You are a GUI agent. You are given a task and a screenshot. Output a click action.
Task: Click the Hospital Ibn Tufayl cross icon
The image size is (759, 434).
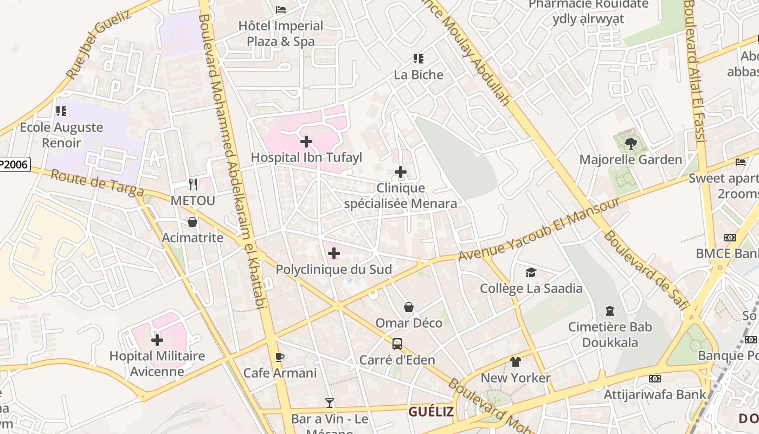306,142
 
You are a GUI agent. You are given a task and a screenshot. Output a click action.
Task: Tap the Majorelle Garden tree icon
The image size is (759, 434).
631,143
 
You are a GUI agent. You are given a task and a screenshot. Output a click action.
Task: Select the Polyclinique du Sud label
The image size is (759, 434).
333,270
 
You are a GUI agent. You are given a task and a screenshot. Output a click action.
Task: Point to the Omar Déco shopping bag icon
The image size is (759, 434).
409,308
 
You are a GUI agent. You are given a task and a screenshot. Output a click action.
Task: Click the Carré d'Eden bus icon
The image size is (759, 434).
397,344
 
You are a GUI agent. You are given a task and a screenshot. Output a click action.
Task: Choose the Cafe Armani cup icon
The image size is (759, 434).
280,357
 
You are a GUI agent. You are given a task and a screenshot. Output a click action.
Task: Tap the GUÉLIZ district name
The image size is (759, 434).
431,412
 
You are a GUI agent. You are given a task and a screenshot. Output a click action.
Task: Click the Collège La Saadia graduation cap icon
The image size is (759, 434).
531,272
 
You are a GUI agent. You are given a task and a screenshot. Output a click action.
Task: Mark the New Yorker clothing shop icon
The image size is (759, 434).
515,362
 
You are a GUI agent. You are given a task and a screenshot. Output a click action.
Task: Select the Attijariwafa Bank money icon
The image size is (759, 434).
655,379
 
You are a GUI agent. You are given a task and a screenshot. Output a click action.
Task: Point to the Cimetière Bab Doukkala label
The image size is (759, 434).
610,335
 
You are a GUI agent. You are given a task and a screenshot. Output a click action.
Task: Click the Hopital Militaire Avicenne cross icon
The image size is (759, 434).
157,340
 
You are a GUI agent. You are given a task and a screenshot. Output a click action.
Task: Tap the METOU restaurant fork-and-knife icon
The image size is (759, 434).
192,184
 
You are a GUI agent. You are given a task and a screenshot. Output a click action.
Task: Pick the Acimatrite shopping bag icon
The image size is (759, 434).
192,222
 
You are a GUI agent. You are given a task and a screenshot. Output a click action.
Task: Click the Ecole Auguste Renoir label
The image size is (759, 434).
61,135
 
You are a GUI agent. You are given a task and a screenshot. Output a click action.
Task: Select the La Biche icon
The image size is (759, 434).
418,59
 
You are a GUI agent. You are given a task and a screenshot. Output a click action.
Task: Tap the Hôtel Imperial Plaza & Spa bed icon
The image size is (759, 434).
281,10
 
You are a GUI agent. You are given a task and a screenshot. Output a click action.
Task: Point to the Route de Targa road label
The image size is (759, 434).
97,184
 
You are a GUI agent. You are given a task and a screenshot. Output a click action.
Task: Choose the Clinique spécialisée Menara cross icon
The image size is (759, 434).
401,172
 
